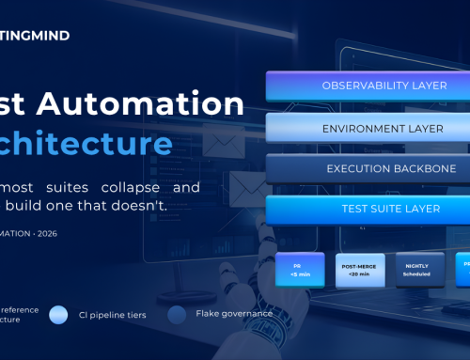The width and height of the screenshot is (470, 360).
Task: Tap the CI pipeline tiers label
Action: [x=112, y=315]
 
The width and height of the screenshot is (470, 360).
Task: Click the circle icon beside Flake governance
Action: [x=177, y=315]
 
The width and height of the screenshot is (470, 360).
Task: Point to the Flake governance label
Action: [x=227, y=315]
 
